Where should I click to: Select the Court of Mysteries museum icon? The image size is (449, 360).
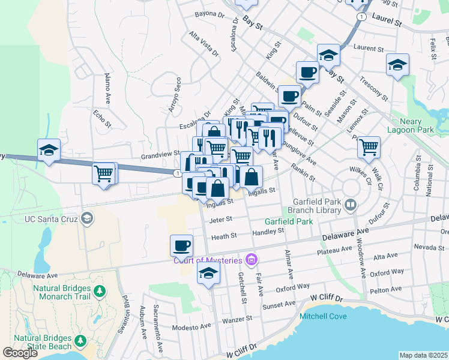coord(252,259)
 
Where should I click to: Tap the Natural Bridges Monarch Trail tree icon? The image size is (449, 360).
coord(101,292)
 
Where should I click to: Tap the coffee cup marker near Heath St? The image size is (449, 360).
coord(181,245)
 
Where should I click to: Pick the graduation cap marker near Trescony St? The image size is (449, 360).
coord(397,64)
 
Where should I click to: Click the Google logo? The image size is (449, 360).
coord(20,353)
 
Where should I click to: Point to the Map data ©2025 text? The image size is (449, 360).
coord(423,355)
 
